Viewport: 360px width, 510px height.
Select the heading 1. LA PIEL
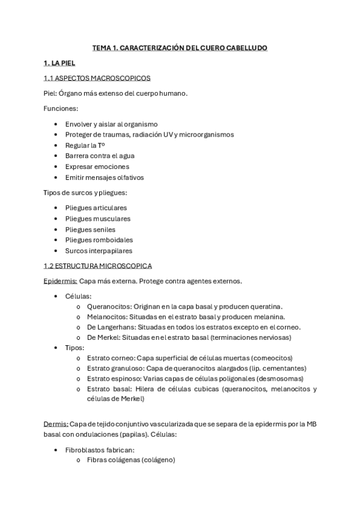click(59, 63)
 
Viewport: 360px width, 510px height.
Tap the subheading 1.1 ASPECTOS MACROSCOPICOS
click(97, 78)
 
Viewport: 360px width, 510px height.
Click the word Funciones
click(61, 108)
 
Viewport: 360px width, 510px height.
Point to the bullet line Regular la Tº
click(85, 145)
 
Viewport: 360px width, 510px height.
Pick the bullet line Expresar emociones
click(97, 167)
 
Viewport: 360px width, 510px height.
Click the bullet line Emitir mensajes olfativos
click(105, 177)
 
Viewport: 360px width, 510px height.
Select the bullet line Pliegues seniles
click(90, 229)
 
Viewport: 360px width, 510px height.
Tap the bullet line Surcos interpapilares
click(99, 250)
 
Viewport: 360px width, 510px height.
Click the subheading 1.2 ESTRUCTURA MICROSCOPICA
click(97, 265)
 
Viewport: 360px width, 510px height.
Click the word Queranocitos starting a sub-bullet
click(109, 306)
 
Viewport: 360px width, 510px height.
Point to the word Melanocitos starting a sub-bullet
click(107, 316)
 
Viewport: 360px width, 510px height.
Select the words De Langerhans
click(110, 327)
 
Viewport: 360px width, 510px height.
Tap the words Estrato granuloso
click(115, 368)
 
